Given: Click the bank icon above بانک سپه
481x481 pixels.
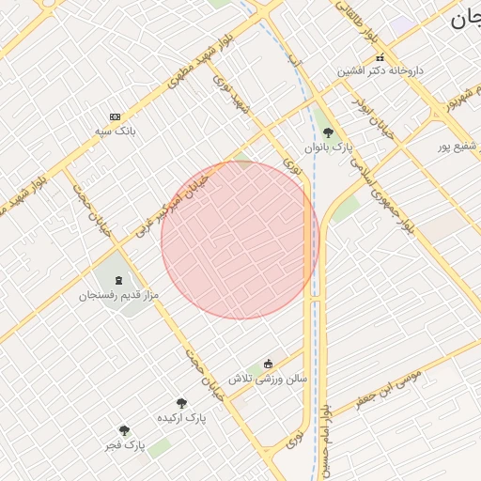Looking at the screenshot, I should (116, 116).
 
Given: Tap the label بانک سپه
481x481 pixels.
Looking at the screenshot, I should (116, 132).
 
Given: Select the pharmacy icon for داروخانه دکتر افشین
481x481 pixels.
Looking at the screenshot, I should (380, 57).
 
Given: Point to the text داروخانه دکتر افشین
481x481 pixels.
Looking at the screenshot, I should (381, 71).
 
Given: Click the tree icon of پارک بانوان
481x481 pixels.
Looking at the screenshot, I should (327, 133).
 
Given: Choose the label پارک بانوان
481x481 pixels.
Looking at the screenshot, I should (327, 147).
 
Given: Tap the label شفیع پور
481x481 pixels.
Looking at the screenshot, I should (458, 146).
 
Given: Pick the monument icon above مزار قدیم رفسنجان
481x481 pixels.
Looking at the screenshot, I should (118, 281).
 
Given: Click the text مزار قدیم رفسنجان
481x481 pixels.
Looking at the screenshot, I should (118, 295).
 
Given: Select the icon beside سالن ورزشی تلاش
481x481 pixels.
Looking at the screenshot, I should (269, 365).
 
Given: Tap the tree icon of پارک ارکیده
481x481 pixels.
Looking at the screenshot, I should (182, 403).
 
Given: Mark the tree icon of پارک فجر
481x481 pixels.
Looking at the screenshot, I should (124, 431).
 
